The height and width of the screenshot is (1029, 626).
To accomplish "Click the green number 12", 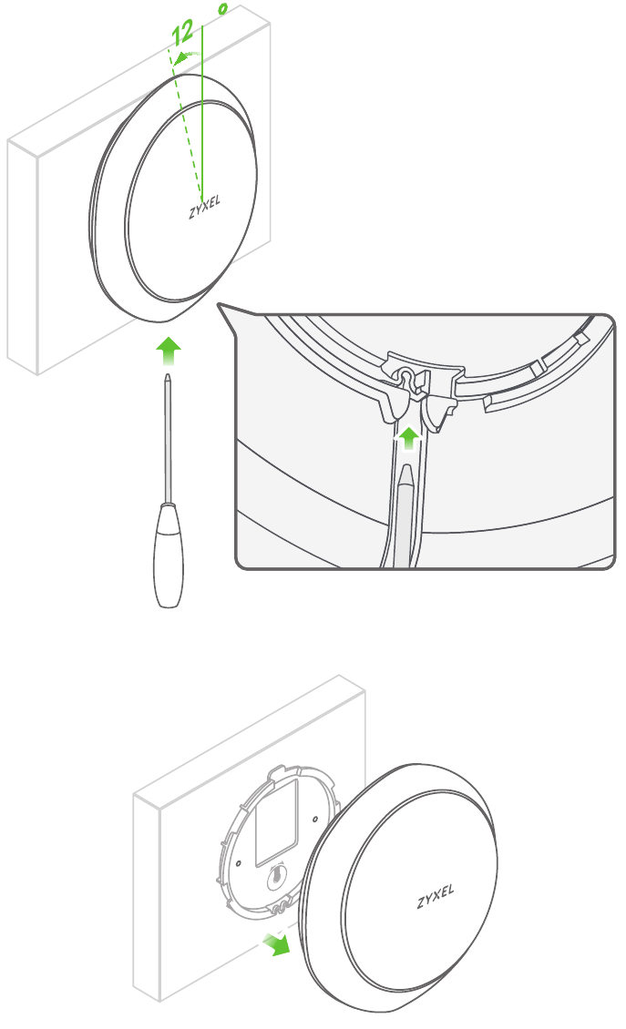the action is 182,34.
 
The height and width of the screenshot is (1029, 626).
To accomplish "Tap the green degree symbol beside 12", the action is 223,9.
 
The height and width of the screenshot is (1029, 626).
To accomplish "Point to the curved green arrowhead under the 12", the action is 180,59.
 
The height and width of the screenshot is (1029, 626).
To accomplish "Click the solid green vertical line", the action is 202,112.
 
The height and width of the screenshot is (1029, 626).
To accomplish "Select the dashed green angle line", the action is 185,125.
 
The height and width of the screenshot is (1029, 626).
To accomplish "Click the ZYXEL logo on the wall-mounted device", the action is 204,207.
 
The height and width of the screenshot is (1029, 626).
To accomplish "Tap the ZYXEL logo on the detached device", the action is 436,896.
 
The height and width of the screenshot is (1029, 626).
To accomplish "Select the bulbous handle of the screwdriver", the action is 168,555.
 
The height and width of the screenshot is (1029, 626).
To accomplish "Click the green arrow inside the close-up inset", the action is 409,438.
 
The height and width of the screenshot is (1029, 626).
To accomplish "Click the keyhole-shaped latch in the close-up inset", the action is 407,379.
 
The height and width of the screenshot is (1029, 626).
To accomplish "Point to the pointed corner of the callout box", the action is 218,303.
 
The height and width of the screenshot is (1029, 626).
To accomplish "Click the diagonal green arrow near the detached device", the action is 276,943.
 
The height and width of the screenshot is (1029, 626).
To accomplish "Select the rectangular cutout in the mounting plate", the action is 277,821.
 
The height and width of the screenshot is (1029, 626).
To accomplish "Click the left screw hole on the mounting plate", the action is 239,863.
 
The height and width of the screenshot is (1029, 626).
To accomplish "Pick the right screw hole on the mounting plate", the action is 315,819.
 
